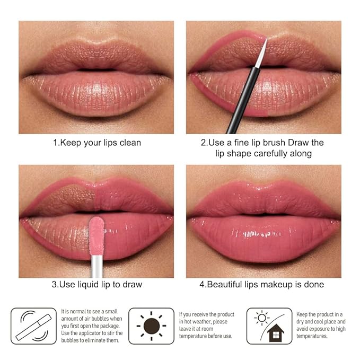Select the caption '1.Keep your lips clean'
tap(96, 143)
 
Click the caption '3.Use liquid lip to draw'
tap(96, 285)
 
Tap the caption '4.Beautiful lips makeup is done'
tap(261, 285)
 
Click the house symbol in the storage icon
tap(276, 333)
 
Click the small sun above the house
tap(262, 318)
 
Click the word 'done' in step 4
tap(313, 285)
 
